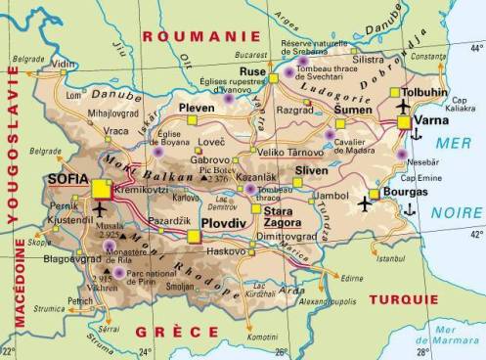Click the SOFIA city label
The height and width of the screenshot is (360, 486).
click(x=67, y=180)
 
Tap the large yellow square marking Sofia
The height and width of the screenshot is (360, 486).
click(x=101, y=189)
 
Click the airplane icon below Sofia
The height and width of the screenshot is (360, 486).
click(x=103, y=209)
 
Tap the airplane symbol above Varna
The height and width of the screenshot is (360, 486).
click(x=405, y=104)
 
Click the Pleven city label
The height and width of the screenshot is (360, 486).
click(x=197, y=108)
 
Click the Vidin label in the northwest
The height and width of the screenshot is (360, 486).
click(x=64, y=64)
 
